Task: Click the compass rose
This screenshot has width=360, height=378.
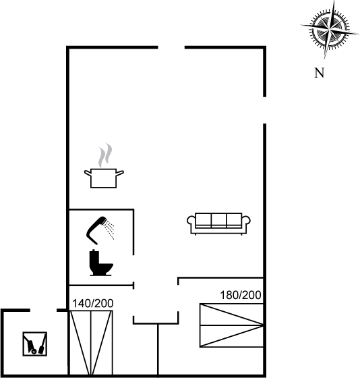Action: pos(330,30)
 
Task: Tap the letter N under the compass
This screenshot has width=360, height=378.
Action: pos(320,73)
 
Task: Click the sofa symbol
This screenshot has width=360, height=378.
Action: pos(218,223)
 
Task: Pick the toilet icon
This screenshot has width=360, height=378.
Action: pos(101,263)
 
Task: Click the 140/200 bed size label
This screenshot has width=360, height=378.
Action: pos(93,304)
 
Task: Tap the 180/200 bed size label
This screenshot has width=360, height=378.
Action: pos(241,295)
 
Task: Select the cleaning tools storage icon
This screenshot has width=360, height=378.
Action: pos(35,344)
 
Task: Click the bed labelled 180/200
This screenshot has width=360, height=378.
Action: pos(231,325)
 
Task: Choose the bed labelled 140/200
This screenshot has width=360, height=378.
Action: pos(91,343)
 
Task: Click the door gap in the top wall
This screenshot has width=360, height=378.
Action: pos(171,47)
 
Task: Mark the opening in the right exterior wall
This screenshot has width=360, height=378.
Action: pos(264,110)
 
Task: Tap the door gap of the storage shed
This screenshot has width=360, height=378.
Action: pos(43,310)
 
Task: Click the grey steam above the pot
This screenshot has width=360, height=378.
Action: pos(105,155)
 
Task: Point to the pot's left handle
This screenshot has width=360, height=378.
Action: pos(88,173)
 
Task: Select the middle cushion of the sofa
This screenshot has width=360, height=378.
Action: pos(219,220)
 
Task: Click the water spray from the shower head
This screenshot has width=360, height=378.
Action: pos(109,230)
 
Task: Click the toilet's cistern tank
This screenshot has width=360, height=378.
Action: pos(94,257)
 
